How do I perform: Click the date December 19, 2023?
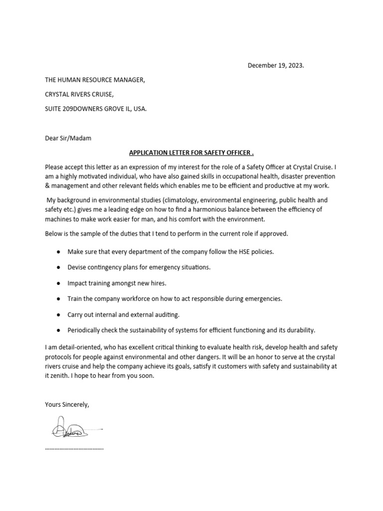tap(276, 66)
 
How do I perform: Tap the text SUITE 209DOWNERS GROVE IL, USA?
tap(96, 108)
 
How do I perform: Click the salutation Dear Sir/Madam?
tap(68, 138)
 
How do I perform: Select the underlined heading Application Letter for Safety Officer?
tap(192, 152)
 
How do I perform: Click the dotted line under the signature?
tap(74, 448)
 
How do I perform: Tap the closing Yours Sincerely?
tap(67, 404)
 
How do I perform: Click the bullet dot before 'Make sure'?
tap(59, 252)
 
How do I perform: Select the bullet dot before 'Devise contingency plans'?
tap(59, 267)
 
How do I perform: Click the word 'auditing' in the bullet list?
tap(167, 314)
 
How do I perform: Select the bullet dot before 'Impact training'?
tap(59, 283)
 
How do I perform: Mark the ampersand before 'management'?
tap(48, 186)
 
